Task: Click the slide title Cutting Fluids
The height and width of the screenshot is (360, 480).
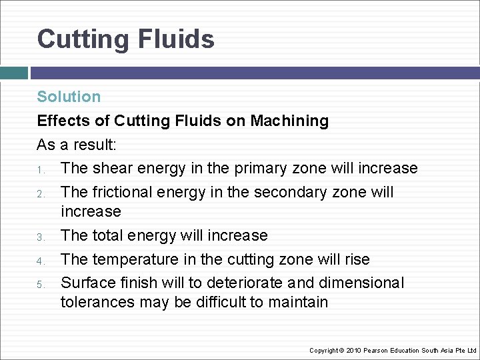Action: pos(125,39)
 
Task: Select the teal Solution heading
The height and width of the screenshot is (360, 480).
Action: pos(69,97)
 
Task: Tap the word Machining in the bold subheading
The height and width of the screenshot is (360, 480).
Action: pos(289,121)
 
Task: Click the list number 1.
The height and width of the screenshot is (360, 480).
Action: pos(40,169)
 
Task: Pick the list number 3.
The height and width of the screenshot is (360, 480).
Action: pos(40,237)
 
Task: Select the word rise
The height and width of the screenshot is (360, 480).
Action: pos(355,259)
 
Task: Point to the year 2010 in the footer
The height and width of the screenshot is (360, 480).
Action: pos(353,351)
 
